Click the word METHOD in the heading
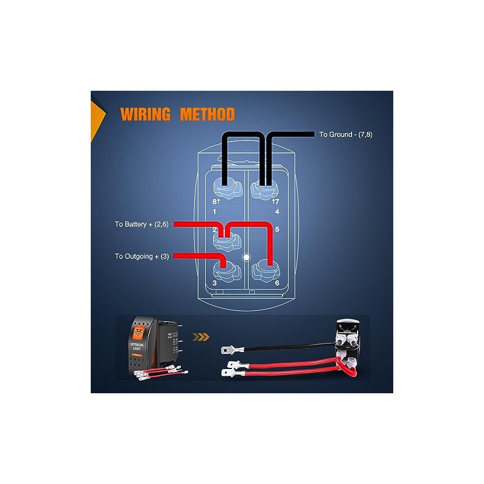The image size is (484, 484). click(x=207, y=114)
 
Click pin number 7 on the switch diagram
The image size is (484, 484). click(x=276, y=201)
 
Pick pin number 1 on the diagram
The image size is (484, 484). click(x=215, y=212)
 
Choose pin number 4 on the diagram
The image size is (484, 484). click(x=276, y=212)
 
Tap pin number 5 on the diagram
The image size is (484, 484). click(x=276, y=230)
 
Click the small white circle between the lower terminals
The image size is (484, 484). click(x=246, y=257)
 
